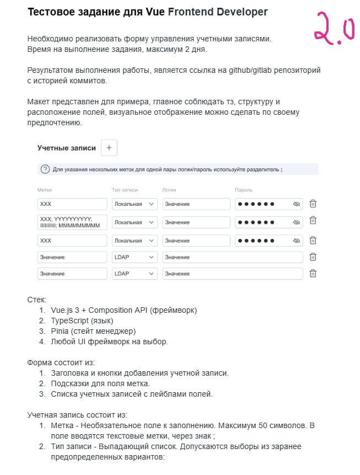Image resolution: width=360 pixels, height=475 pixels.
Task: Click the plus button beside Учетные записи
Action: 109,148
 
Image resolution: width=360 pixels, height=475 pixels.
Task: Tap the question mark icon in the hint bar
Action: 45,169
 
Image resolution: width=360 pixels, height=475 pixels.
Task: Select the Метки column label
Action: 45,190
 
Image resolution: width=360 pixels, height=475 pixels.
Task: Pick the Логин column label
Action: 169,190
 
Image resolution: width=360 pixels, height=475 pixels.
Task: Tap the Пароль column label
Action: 244,190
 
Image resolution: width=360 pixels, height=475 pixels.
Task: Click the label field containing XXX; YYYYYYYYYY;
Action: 72,222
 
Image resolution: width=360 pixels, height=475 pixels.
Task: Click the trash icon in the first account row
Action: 313,204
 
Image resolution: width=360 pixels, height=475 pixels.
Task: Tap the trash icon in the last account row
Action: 313,273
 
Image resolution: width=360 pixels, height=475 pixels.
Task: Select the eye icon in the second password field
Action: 296,222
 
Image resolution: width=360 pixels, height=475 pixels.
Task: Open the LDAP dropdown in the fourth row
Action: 135,257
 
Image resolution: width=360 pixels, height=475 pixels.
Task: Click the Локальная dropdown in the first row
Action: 135,204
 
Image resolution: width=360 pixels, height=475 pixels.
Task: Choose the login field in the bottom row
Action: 233,274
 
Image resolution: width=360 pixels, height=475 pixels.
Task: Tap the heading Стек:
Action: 37,300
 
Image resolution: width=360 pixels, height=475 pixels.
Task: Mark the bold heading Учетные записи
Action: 66,148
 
